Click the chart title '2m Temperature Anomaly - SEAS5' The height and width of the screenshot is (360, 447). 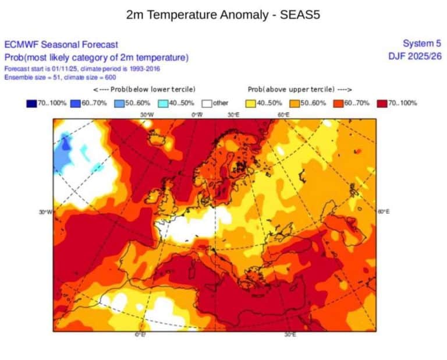[x=223, y=15]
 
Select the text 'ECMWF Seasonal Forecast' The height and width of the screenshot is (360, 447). [x=61, y=44]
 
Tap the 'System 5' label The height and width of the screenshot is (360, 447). [x=422, y=43]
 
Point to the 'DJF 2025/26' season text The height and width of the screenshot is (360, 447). [x=415, y=56]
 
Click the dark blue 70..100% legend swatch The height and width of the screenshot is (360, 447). [x=31, y=103]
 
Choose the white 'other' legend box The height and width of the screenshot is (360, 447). [x=207, y=103]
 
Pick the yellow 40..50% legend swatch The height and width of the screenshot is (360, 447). [x=251, y=103]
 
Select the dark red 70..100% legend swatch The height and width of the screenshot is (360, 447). [x=382, y=103]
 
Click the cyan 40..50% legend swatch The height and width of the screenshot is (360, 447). [x=163, y=103]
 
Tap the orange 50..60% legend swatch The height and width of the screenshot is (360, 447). [x=295, y=103]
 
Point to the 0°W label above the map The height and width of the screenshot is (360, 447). [x=197, y=115]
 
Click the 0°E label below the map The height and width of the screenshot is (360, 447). [x=140, y=334]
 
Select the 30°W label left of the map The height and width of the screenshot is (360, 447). [x=45, y=212]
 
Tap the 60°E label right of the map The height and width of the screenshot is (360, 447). [x=384, y=211]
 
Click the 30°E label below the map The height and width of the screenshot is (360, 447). [x=290, y=334]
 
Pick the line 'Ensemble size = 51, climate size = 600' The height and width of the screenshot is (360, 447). [x=60, y=77]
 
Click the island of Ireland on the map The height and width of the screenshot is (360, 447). [x=154, y=196]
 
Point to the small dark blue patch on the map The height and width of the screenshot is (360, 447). [x=66, y=143]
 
